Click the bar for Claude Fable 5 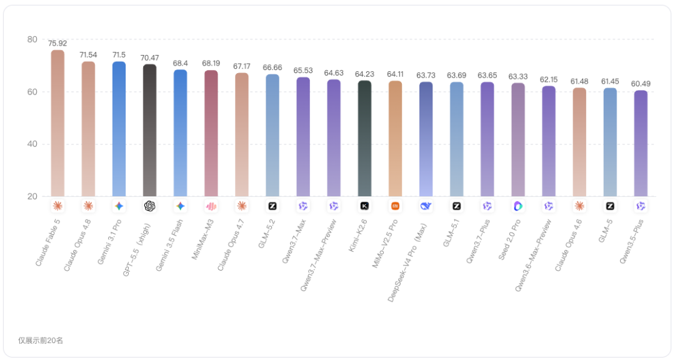tap(57, 123)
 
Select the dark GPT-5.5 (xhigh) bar tap(150, 130)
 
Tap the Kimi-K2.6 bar tap(364, 138)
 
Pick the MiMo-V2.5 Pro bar tap(395, 139)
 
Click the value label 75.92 tap(57, 44)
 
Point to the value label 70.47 tap(150, 57)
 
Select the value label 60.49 tap(641, 84)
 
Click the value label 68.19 tap(211, 63)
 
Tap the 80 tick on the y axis tap(32, 39)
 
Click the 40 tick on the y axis tap(32, 144)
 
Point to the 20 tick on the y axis tap(32, 196)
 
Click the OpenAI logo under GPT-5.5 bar tap(150, 206)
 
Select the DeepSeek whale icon tap(426, 206)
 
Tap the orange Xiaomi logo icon tap(395, 206)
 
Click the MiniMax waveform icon tap(211, 206)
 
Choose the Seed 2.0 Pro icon tap(518, 206)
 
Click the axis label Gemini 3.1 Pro tap(110, 242)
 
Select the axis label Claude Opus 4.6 tap(569, 245)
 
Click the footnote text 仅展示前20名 tap(41, 341)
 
